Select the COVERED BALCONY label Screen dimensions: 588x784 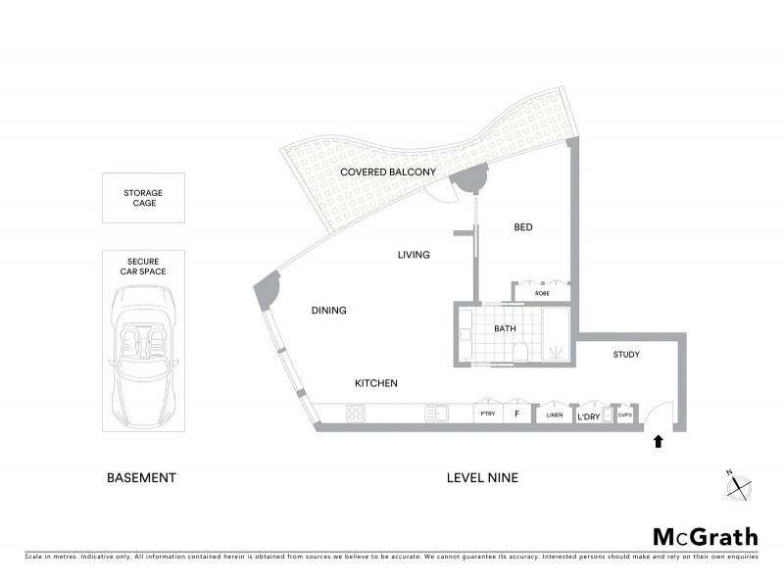click(388, 172)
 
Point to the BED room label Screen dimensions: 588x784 click(523, 227)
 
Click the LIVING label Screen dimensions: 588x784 click(414, 255)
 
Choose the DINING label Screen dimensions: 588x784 click(329, 311)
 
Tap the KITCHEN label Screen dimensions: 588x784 click(375, 383)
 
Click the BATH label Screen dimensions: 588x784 click(505, 329)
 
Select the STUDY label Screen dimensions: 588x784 click(627, 354)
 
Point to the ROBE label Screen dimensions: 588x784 click(542, 293)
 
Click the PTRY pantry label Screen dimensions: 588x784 click(487, 416)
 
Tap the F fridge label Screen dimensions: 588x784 click(516, 416)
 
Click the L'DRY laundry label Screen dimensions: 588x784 click(588, 417)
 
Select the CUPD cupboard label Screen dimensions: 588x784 click(624, 416)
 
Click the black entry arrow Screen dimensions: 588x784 click(658, 442)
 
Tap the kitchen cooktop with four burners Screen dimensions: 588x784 click(356, 416)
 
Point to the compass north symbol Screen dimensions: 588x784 click(741, 480)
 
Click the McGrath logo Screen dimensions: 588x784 click(706, 536)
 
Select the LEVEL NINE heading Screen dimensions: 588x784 click(481, 478)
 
